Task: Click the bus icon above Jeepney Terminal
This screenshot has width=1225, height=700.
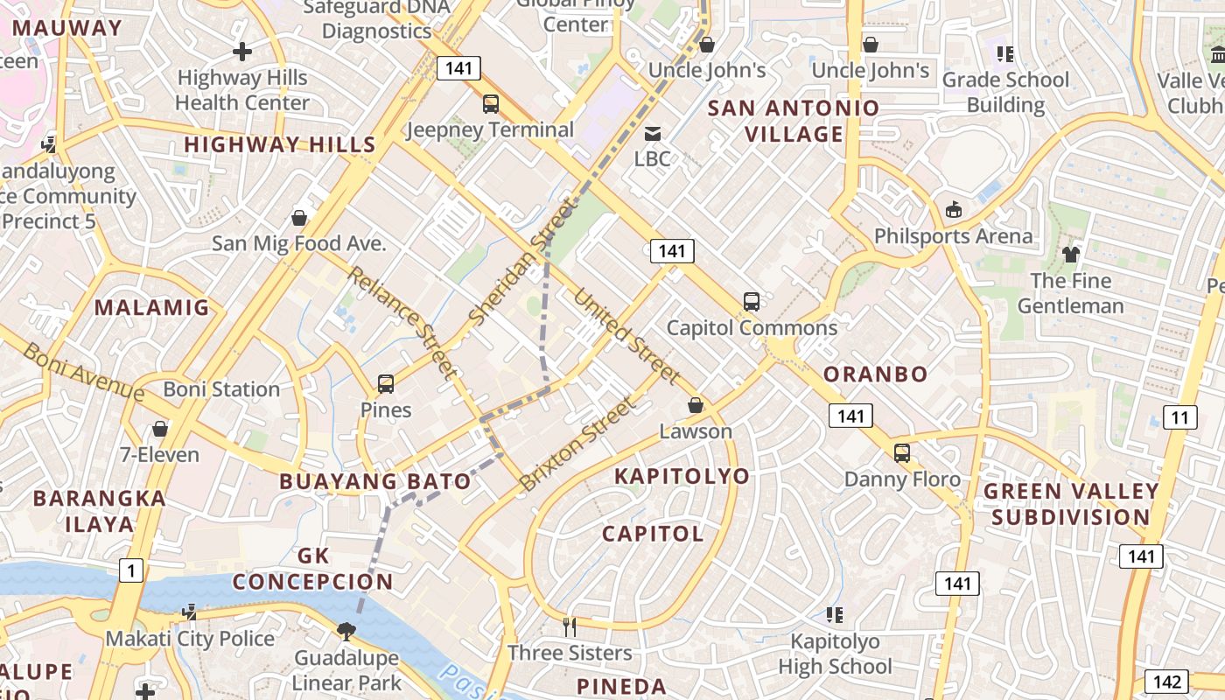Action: point(491,104)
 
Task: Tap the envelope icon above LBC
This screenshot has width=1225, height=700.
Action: point(653,134)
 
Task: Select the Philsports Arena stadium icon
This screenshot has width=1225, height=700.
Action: point(954,210)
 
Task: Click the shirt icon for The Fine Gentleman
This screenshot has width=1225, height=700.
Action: point(1071,255)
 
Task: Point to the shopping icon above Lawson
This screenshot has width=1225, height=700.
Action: point(696,405)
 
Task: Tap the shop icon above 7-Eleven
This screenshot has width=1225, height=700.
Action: point(160,429)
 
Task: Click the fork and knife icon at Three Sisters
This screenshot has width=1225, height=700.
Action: point(570,626)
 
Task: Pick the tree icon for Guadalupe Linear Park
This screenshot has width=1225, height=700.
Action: point(346,631)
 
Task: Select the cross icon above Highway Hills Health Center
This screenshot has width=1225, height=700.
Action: point(242,52)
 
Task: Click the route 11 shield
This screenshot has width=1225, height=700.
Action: point(1179,417)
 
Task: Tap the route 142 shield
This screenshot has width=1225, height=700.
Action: point(1167,682)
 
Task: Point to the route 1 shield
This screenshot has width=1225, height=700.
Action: point(130,571)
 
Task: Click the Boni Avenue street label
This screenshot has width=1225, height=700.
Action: point(83,372)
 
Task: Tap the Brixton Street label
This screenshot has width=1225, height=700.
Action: point(577,444)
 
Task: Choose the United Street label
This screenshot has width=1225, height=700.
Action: point(626,336)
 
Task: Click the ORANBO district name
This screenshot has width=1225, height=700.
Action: point(875,374)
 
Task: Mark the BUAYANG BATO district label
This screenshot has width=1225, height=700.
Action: point(375,481)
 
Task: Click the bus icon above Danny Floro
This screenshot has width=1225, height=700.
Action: point(902,453)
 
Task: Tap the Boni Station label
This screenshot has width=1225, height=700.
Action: point(221,389)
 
